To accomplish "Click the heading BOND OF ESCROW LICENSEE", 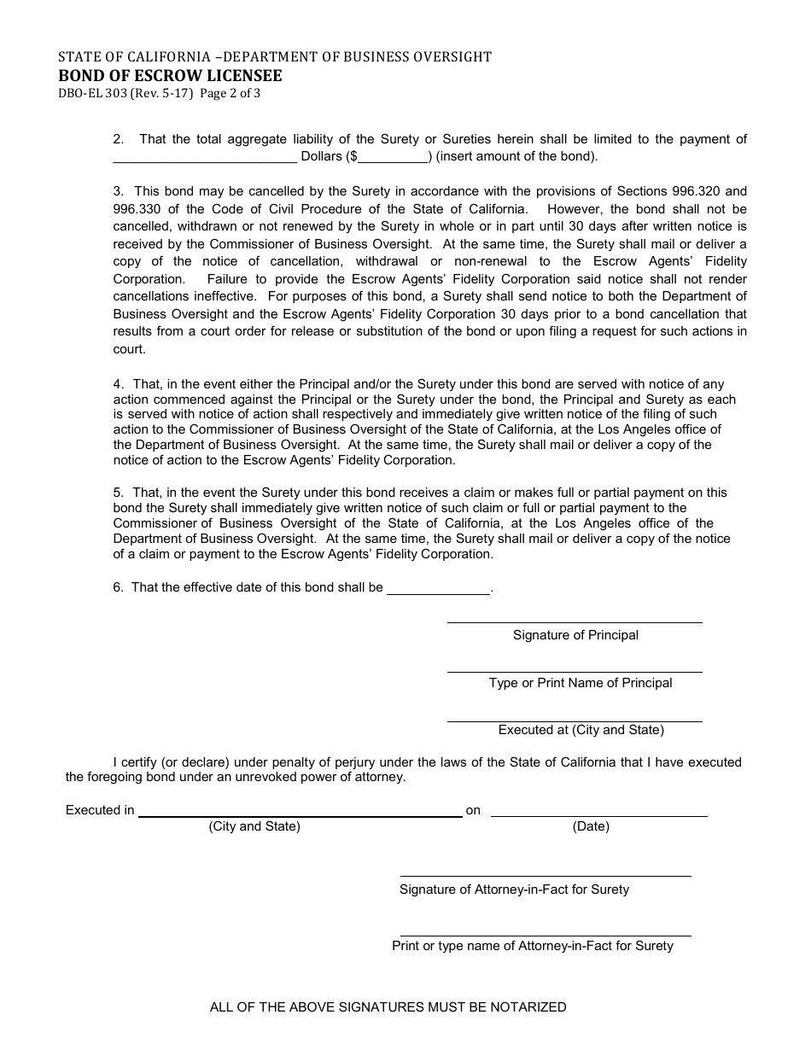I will click(170, 75).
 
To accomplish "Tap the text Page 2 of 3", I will click(230, 93).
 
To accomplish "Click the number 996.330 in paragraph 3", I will click(137, 209).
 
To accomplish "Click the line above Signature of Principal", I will click(575, 622).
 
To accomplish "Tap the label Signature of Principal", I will click(575, 635).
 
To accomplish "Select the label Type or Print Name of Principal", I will click(581, 683).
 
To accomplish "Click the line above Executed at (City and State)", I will click(575, 722).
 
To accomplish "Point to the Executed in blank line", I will click(300, 815).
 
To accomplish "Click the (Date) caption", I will click(591, 826).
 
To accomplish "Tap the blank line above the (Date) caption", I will click(598, 816).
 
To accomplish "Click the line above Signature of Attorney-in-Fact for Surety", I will click(546, 876).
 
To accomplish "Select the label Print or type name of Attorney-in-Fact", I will click(533, 946).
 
